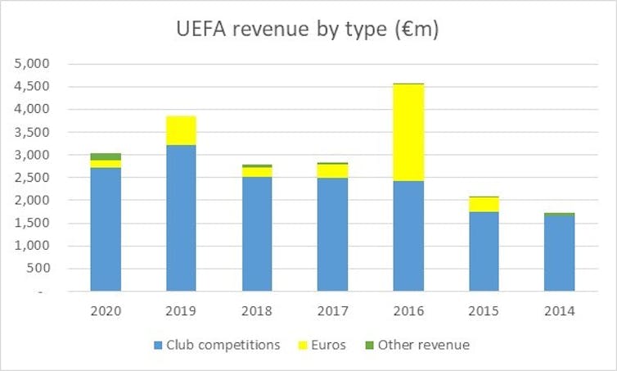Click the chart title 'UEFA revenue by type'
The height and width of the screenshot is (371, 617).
[x=308, y=29]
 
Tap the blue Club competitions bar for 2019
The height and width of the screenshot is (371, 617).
[x=181, y=218]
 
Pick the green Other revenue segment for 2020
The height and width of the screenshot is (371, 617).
[x=106, y=156]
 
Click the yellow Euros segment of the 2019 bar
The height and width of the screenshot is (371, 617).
[x=181, y=130]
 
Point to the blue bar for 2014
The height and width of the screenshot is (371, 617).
[x=560, y=252]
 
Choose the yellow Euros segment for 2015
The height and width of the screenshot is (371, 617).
[x=484, y=204]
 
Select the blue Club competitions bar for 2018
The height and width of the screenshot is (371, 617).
[x=257, y=233]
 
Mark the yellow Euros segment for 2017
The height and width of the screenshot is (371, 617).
[x=332, y=170]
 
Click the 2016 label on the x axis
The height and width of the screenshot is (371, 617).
[x=408, y=311]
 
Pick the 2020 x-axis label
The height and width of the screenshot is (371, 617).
[x=106, y=311]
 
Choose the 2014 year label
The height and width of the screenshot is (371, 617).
[x=560, y=311]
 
